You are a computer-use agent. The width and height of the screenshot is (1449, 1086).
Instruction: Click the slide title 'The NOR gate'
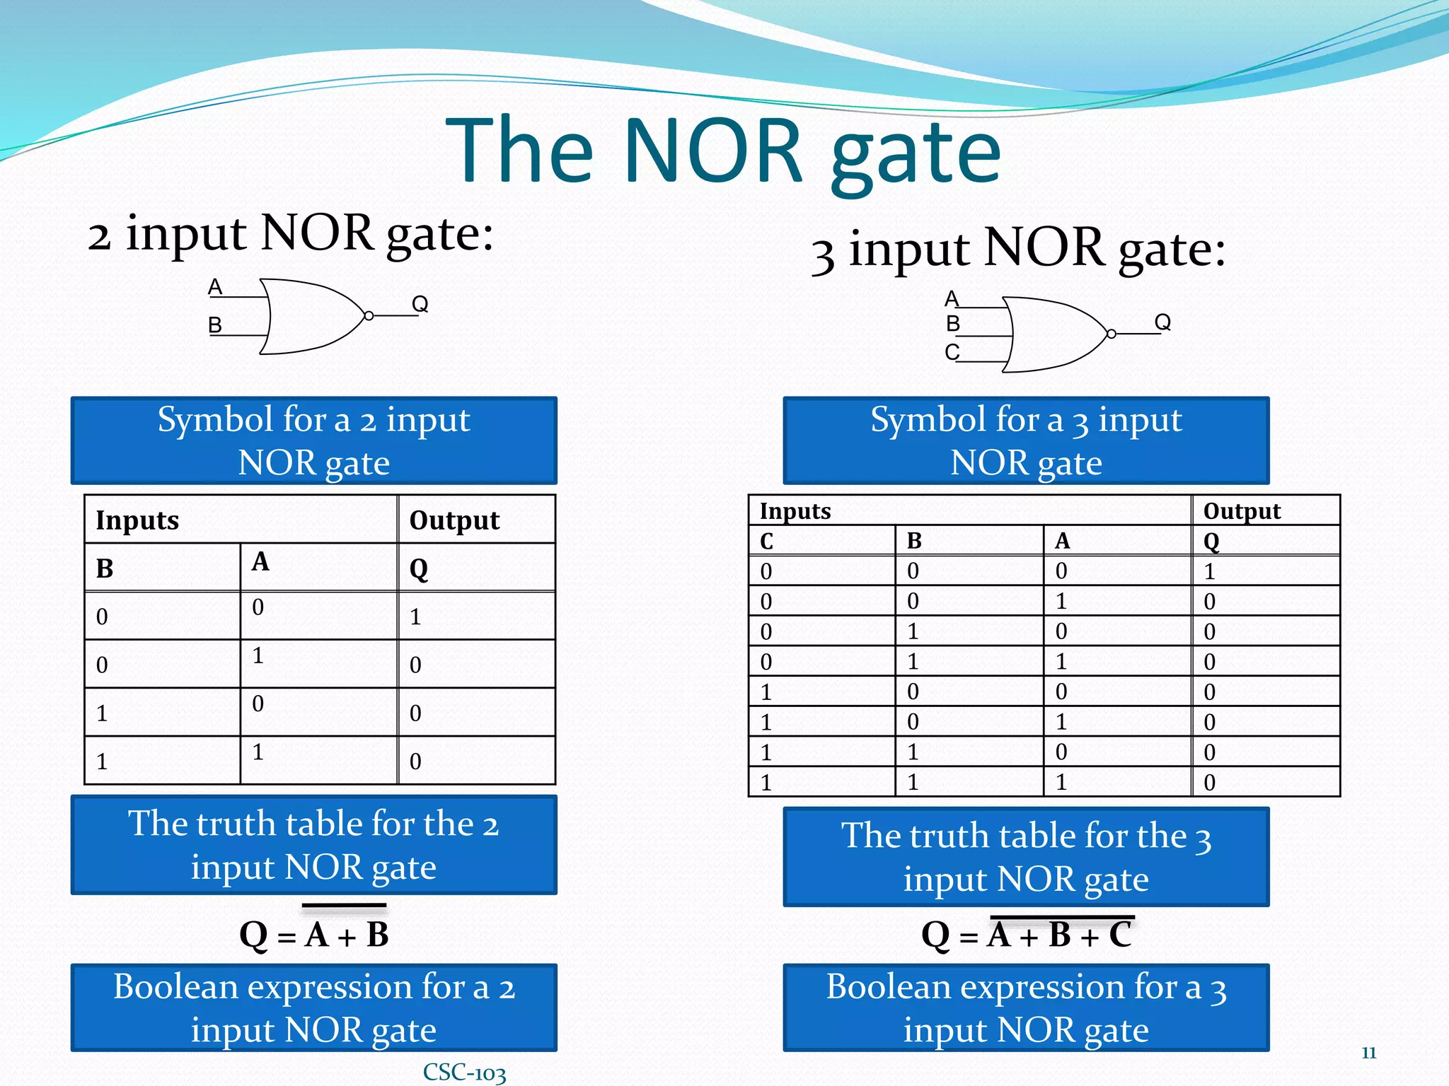point(723,150)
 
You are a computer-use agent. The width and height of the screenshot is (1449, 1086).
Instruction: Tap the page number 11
point(1368,1053)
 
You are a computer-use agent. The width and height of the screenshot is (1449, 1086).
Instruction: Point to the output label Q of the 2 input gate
point(420,304)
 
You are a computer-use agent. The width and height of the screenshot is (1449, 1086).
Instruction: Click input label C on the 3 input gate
point(952,352)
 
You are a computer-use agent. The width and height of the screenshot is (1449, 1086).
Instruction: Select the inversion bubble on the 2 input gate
point(369,316)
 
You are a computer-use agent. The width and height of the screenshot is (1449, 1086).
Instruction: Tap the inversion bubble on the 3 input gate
point(1112,334)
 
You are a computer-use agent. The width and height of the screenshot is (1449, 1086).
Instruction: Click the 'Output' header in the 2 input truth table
point(454,520)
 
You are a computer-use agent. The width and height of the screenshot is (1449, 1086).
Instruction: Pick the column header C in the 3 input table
point(766,542)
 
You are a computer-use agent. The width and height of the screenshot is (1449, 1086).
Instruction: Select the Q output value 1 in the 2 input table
point(415,617)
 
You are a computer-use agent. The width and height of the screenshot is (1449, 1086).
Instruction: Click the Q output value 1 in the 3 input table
point(1210,571)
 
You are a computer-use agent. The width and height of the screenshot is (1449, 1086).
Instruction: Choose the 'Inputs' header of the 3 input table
point(795,510)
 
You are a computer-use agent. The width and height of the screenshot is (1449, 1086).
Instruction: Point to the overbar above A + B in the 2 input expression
point(345,906)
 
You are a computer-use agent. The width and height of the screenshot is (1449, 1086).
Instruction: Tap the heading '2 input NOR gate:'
point(291,234)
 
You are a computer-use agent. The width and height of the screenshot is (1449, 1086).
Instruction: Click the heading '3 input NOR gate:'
point(1018,250)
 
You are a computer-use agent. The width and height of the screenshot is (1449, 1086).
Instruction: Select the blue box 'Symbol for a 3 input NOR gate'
point(1026,440)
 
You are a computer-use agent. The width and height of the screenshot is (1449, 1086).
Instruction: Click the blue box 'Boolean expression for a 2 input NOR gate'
point(313,1008)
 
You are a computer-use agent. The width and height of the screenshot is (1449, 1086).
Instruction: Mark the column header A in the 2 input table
point(260,561)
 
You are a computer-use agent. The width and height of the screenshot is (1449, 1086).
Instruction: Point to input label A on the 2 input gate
point(215,287)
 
